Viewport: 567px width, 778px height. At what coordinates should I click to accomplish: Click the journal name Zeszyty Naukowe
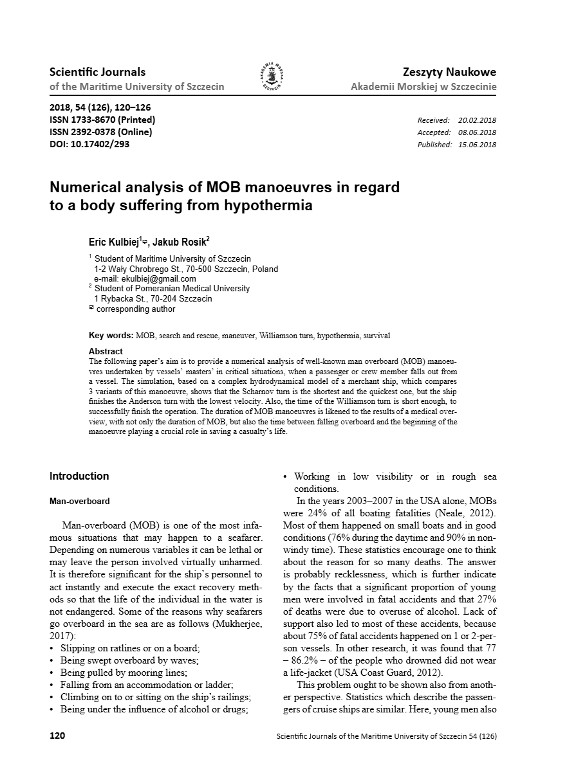coord(449,72)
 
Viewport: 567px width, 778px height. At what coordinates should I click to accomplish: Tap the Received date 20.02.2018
coord(477,120)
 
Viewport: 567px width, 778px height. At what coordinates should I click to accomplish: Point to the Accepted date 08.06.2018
coord(477,132)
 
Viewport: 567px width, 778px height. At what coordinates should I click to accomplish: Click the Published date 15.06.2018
coord(477,145)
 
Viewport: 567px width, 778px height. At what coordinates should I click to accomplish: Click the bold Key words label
coord(111,336)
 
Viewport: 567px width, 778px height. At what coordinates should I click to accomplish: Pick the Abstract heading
coord(106,351)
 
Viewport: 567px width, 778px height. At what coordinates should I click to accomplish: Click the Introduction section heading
coord(79,476)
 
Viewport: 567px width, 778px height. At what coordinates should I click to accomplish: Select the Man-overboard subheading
coord(80,501)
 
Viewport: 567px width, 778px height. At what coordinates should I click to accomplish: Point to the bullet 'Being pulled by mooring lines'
coord(124,673)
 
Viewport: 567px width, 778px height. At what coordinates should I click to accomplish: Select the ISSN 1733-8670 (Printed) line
coord(102,120)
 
